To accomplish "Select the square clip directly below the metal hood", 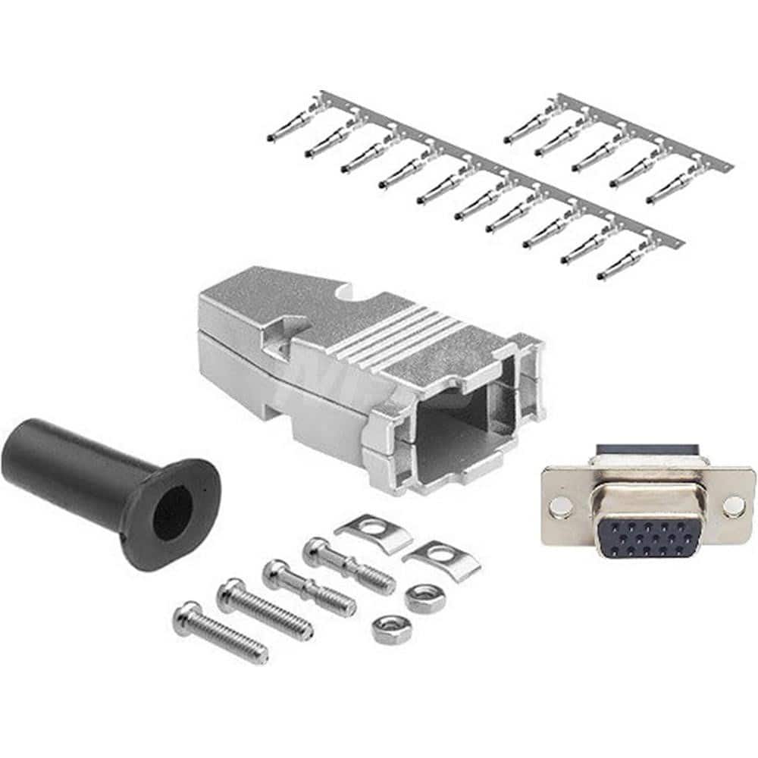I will coord(374,527).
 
